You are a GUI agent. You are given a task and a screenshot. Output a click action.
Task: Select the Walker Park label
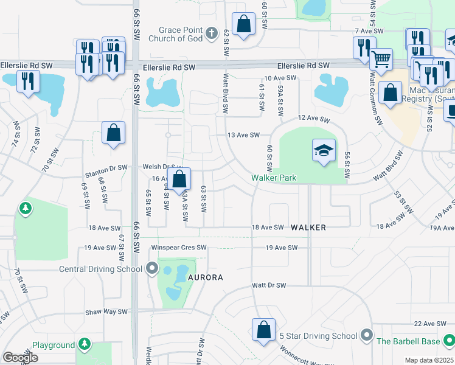274,178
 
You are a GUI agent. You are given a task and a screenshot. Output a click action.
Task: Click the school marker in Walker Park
324,150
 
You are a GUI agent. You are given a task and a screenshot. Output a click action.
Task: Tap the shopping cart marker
381,60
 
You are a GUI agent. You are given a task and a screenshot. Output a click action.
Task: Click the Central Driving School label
100,269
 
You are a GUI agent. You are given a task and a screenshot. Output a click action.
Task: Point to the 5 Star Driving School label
318,336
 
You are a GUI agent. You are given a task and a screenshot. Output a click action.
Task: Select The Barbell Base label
408,341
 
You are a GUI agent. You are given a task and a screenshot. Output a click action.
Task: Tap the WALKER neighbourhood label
308,228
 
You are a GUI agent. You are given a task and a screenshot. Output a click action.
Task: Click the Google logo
20,358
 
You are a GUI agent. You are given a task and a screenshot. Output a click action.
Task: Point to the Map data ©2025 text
429,360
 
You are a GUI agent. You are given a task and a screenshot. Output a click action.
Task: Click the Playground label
53,345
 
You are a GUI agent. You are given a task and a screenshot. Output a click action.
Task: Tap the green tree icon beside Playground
85,344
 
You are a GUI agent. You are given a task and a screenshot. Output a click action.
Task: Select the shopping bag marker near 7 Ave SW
243,25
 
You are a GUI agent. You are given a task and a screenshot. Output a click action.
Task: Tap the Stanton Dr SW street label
106,167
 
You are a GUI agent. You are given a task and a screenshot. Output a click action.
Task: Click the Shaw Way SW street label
106,311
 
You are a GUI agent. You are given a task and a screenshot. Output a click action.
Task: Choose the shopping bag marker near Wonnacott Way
263,330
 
